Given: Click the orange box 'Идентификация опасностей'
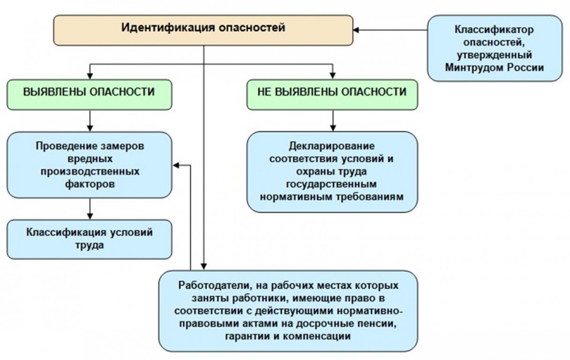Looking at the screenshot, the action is click(203, 30).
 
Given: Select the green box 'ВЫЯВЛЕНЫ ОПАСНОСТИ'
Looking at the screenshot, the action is click(90, 95).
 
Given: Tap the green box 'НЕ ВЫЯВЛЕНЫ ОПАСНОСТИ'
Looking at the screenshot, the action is click(332, 95).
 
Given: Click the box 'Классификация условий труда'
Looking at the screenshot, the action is click(90, 239).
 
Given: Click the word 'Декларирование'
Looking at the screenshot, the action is click(332, 146).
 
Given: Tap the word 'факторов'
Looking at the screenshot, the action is click(90, 184).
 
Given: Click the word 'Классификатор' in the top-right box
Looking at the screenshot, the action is click(494, 30).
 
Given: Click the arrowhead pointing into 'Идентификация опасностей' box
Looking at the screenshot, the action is click(356, 30).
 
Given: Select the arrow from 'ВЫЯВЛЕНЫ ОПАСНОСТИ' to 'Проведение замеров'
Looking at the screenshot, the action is click(90, 121).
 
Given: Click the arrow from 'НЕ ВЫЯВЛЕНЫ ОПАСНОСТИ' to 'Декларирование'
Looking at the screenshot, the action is click(333, 121).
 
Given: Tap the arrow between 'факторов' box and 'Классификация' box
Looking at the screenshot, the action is click(90, 209).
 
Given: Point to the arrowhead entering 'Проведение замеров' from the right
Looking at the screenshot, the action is click(176, 165).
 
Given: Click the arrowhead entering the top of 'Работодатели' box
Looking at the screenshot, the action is click(203, 266).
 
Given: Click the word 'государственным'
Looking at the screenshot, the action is click(331, 184).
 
